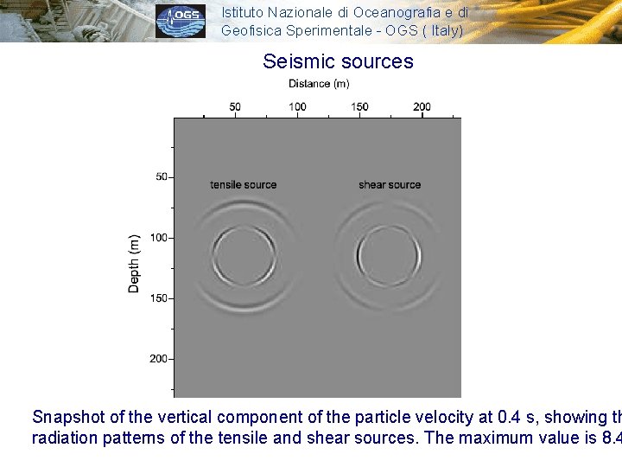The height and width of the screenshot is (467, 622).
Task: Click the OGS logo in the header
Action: pos(181,21)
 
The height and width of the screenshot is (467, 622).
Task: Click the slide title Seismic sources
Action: pos(338,61)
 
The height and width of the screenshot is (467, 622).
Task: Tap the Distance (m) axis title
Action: pos(319,84)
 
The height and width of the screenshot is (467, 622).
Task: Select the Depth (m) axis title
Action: pos(134,263)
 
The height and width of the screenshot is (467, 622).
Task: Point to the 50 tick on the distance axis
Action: pos(235,107)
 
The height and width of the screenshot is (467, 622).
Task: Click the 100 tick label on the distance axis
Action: pos(297,107)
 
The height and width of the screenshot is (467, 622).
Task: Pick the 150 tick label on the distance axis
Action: pos(359,107)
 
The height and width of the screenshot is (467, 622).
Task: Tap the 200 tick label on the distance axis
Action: pos(422,107)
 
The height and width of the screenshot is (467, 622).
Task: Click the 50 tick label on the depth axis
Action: pos(162,176)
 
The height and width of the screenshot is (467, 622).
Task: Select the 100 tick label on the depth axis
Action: pos(159,237)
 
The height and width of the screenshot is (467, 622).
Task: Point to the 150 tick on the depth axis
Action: pos(159,298)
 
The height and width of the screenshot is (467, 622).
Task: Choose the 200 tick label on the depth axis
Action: pos(159,359)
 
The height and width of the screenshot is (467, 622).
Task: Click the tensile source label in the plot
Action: pos(244,185)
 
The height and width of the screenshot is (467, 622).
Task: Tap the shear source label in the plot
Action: pos(390,185)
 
